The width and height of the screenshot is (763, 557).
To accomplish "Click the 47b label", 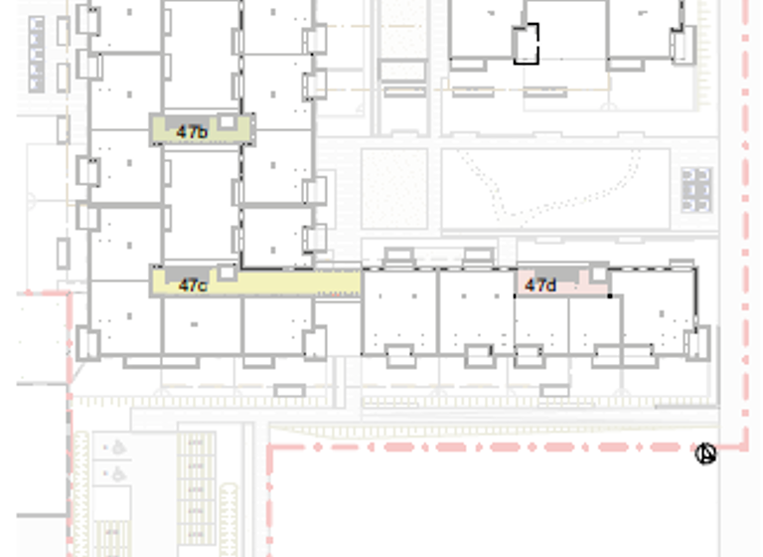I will pos(192,131).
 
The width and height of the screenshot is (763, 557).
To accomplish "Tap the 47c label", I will pos(193,285).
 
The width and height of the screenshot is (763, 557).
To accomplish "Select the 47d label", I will pos(539,285).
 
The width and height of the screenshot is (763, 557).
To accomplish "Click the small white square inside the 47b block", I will pos(228,121).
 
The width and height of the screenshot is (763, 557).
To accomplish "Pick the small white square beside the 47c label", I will pos(228,271).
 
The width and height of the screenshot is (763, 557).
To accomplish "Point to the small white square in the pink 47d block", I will pos(598,274).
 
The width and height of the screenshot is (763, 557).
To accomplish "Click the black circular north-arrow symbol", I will pos(705,455).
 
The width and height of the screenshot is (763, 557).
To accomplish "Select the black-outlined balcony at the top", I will pos(526,44).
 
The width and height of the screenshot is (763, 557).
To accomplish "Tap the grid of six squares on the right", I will pos(696,189).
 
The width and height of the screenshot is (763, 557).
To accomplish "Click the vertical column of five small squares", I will pos(37,54).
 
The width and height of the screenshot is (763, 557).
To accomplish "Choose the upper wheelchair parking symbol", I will pos(117,448).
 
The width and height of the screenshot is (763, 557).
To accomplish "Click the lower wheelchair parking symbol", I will pos(117,473).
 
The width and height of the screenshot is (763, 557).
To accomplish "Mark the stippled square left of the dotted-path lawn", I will pos(394,188).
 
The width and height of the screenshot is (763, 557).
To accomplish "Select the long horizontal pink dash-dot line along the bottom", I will pos(477,448).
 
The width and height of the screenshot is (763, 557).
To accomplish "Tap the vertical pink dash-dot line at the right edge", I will pos(746,219).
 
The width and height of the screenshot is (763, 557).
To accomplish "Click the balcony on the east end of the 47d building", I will pos(696,344).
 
